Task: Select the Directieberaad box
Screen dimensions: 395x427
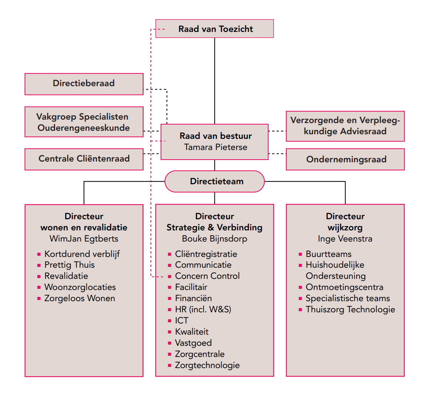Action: tap(84, 83)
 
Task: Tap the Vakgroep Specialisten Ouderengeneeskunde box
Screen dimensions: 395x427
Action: tap(84, 122)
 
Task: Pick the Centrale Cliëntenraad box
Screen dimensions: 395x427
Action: tap(84, 159)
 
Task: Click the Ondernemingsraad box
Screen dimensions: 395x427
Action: tap(345, 159)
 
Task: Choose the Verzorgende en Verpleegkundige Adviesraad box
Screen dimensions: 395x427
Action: tap(345, 126)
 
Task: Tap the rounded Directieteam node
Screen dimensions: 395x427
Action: tap(215, 181)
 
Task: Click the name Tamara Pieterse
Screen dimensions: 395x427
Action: tap(215, 147)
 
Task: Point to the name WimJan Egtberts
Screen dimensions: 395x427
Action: tap(84, 238)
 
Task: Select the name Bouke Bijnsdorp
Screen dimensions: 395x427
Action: tap(215, 238)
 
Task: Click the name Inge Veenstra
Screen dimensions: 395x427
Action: tap(345, 238)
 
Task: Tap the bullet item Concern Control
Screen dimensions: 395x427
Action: tap(207, 276)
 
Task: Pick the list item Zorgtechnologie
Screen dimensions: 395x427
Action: tap(207, 365)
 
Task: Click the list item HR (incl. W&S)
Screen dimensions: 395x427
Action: tap(203, 309)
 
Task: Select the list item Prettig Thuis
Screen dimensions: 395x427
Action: tap(70, 265)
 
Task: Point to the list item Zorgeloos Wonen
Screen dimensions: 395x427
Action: tap(80, 298)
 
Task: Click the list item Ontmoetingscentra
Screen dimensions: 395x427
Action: tap(344, 287)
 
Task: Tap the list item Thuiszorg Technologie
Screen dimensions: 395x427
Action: tap(350, 309)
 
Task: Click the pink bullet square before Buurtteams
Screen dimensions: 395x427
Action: tap(300, 254)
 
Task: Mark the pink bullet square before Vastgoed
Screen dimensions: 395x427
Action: tap(170, 343)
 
